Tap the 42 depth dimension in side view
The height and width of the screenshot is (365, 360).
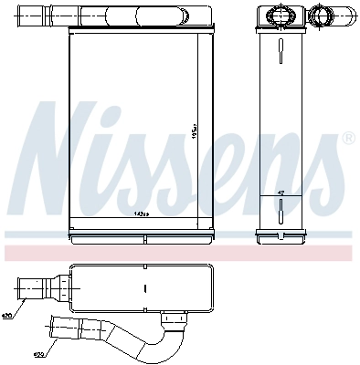(x=281, y=193)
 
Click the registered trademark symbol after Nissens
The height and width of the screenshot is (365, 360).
(x=348, y=138)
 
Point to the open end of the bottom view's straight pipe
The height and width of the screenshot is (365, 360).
(x=20, y=289)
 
